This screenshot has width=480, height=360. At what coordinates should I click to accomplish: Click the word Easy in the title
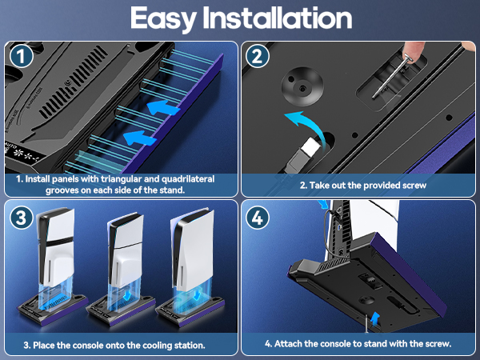(163, 19)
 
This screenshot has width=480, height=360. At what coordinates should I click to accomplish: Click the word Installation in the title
(278, 18)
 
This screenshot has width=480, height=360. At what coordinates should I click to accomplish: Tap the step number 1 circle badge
(21, 56)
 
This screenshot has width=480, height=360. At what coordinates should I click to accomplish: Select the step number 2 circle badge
(258, 56)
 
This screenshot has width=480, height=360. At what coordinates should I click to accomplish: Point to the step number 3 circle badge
(21, 218)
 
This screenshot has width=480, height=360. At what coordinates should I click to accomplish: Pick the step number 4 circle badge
(258, 218)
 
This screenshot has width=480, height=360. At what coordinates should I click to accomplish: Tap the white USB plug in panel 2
(311, 147)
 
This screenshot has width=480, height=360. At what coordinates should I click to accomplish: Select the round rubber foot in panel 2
(302, 86)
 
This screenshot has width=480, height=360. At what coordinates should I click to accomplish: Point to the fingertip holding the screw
(414, 50)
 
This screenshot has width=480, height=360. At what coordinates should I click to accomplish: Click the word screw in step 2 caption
(413, 186)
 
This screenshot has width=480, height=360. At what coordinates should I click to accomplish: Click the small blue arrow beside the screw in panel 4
(374, 318)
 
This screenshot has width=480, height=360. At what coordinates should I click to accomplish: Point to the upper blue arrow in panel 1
(163, 108)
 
